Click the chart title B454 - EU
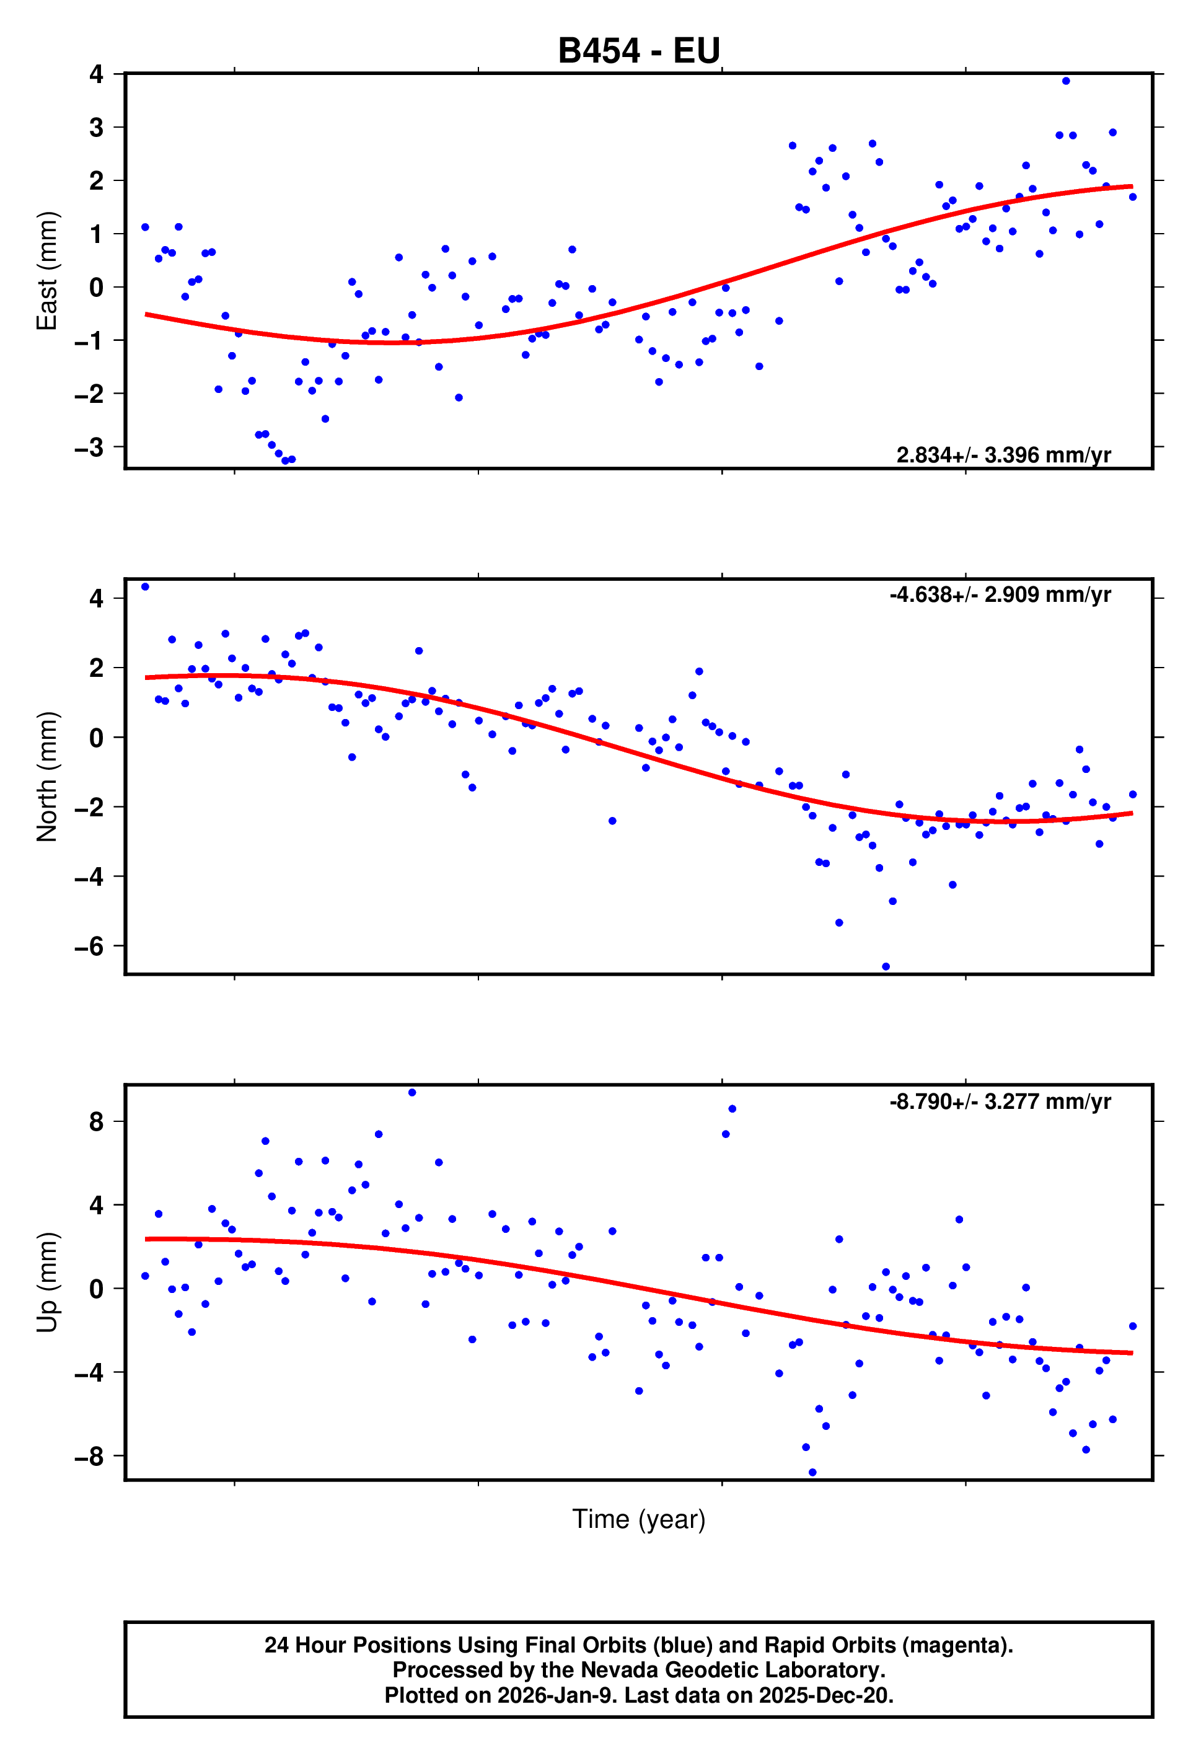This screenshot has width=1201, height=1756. [x=638, y=51]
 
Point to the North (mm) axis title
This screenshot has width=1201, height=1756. [x=47, y=776]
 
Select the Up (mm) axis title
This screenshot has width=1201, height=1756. [x=47, y=1282]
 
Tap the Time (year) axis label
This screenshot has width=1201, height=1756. [x=638, y=1519]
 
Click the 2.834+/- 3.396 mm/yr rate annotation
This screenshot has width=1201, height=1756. [x=1003, y=455]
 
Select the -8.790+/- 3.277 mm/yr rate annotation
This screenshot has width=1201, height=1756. [x=1000, y=1101]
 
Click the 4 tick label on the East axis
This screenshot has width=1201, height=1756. [x=96, y=74]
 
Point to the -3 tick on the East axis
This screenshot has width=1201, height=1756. [x=89, y=448]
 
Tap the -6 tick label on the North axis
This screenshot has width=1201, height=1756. [x=89, y=946]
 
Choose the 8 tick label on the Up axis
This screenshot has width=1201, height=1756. [x=96, y=1121]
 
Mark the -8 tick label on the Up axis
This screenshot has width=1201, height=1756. [x=89, y=1456]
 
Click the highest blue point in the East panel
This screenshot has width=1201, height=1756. [x=1066, y=81]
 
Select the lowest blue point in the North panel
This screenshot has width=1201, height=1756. [x=886, y=966]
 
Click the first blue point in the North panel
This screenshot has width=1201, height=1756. [x=145, y=586]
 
